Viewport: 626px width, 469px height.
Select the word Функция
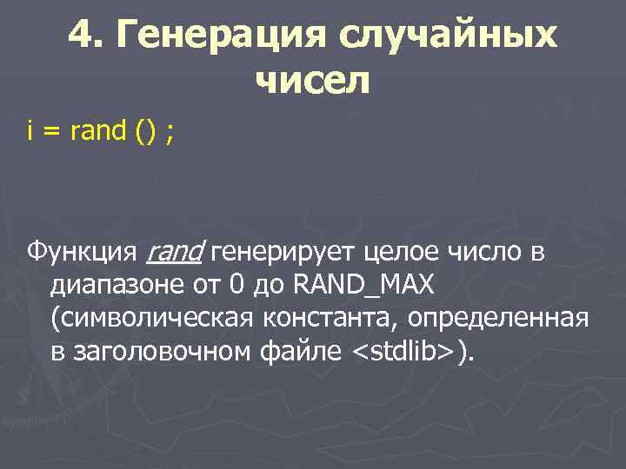82,253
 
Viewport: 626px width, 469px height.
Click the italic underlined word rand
175,253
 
